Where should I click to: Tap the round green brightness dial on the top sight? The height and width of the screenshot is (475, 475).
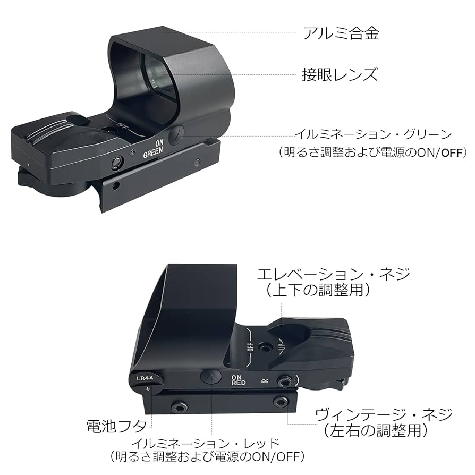point(176,135)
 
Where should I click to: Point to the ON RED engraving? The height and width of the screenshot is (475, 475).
point(238,380)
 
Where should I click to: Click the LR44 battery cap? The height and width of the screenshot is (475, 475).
point(144,380)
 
